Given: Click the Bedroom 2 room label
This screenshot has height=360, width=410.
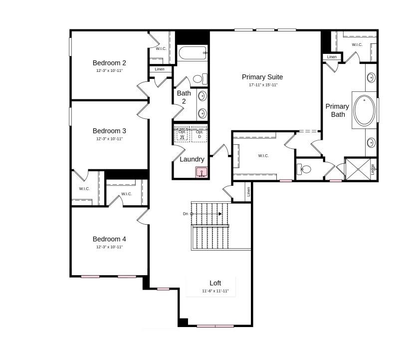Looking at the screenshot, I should point(109,63).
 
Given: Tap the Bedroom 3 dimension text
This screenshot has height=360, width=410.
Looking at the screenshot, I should point(109,139).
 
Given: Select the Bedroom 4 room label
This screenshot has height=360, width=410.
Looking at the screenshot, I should point(109,239).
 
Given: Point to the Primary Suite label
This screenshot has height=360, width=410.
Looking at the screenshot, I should point(262,77).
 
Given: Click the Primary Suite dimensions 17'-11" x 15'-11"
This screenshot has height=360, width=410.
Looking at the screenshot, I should point(263,85).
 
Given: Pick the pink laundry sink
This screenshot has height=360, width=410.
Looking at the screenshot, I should point(201,173).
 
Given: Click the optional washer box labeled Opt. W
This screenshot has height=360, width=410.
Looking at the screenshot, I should point(182,134).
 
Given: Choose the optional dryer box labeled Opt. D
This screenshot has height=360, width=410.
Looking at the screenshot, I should point(200,134).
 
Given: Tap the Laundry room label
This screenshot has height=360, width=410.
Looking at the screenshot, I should point(192,159).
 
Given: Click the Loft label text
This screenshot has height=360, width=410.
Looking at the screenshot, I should point(215,283).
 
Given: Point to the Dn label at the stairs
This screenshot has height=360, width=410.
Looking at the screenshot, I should point(185,214).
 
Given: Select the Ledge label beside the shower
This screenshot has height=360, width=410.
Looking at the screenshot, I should point(373,169).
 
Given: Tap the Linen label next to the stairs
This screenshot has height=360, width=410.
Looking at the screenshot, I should point(248,191).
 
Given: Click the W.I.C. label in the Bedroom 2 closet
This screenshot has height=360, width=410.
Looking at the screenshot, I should point(161,48).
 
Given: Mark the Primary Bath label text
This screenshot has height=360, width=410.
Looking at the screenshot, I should point(338,110).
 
